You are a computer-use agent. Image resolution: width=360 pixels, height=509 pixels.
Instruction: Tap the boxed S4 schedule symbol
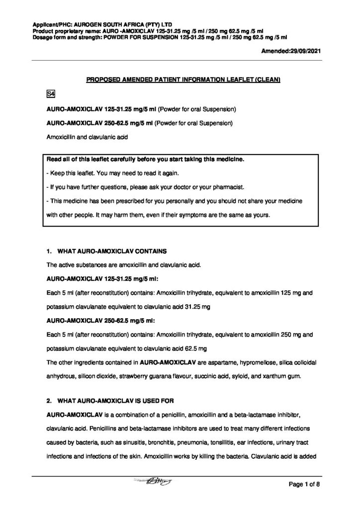point(50,94)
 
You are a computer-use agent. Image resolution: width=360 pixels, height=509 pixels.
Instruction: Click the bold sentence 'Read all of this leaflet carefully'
point(145,160)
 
